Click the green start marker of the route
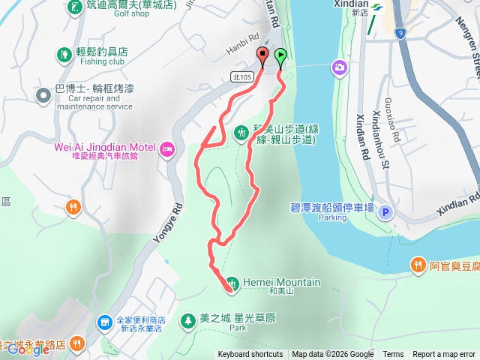[x=280, y=55]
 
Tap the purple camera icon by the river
[x=340, y=68]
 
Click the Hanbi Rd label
[x=242, y=45]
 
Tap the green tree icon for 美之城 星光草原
[x=187, y=319]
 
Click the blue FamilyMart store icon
[x=106, y=323]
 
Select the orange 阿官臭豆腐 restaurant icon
[x=418, y=264]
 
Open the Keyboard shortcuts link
[x=250, y=355]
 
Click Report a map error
[x=445, y=355]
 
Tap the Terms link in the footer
[x=393, y=355]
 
